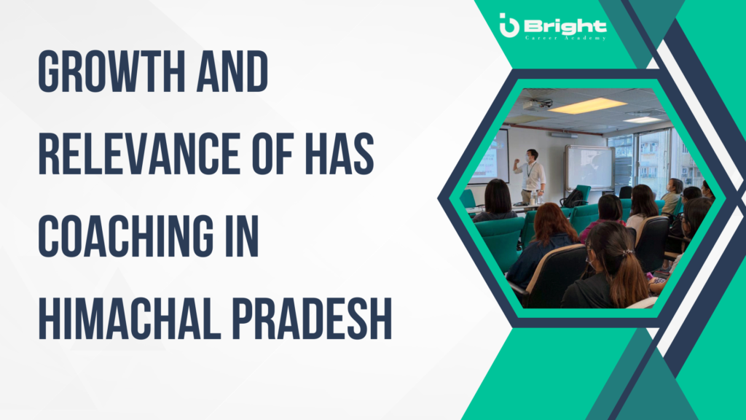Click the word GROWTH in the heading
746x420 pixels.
111,71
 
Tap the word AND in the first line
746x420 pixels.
232,71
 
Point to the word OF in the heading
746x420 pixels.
272,154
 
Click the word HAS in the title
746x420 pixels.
339,154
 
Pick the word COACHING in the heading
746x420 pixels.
126,236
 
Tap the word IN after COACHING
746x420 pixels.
242,236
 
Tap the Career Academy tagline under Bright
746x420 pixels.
565,38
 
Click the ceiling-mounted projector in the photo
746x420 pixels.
538,104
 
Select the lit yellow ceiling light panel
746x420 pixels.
588,106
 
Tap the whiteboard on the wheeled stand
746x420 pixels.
589,168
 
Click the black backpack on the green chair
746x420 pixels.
573,198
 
